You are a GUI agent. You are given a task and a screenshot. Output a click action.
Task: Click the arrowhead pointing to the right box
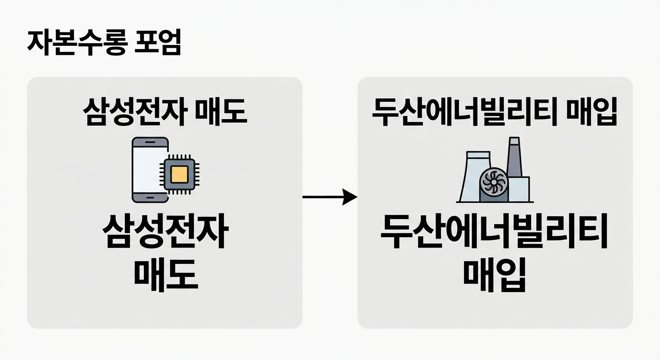349,197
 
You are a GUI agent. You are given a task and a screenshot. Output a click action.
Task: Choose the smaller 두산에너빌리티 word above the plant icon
461,113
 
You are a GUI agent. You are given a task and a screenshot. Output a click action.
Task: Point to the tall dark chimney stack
514,157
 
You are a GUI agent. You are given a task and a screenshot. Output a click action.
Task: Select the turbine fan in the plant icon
493,184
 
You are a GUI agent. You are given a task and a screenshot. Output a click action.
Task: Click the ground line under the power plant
495,202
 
